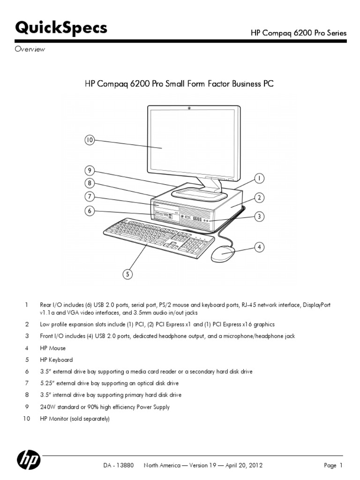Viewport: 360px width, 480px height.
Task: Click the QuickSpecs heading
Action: (61, 28)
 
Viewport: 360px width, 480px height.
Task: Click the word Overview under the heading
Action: (30, 50)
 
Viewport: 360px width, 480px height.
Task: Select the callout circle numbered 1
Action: (258, 178)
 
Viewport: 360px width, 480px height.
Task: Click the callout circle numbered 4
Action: (258, 246)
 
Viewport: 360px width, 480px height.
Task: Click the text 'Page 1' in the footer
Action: (333, 465)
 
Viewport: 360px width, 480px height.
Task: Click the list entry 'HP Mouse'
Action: (52, 348)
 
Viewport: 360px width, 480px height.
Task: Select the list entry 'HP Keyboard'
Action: (56, 360)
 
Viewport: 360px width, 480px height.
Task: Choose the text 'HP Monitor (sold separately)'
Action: (74, 419)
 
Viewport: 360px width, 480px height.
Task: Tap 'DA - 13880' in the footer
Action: (119, 465)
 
